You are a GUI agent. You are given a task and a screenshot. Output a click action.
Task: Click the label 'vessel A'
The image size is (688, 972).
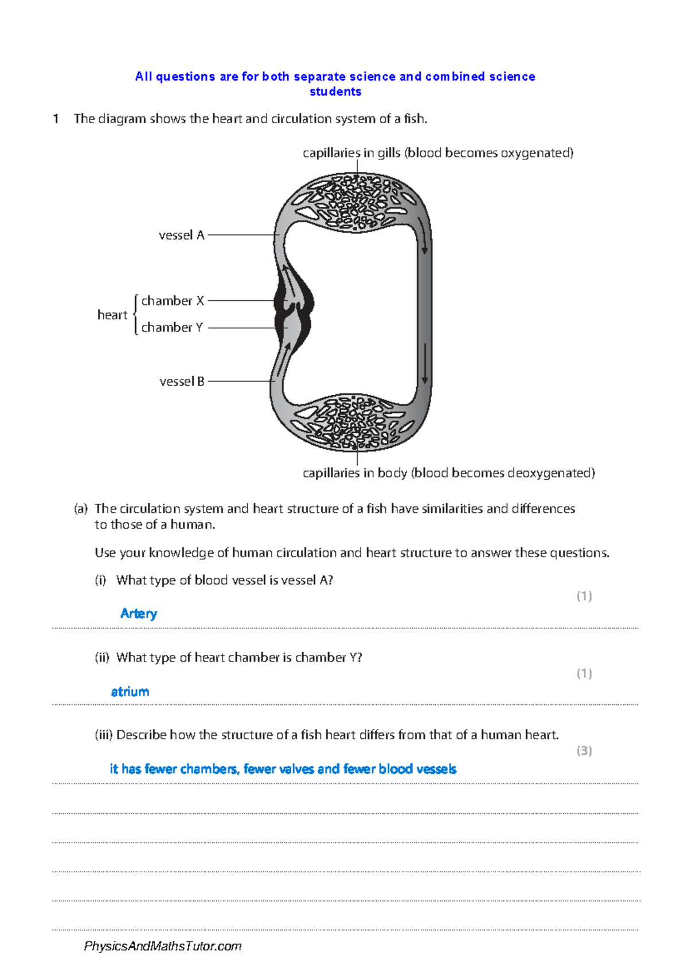click(x=181, y=235)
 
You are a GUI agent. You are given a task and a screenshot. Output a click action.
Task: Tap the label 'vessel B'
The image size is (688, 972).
click(x=182, y=381)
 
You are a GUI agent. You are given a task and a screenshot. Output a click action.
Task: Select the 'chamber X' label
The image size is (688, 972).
click(x=173, y=301)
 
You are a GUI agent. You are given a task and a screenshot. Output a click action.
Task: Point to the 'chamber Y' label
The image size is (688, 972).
click(x=172, y=327)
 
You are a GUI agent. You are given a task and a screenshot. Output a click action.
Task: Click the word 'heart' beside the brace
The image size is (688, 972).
click(x=112, y=315)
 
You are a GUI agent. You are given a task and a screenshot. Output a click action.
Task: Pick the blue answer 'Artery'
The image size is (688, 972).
click(x=138, y=614)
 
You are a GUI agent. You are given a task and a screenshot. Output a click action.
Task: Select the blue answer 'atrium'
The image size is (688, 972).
click(x=130, y=692)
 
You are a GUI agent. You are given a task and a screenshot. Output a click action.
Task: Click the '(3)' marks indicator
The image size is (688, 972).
click(x=584, y=750)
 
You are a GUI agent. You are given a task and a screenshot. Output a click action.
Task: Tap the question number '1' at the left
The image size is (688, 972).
click(x=56, y=119)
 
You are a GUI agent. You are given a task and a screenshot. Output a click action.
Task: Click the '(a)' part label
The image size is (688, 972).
click(x=81, y=508)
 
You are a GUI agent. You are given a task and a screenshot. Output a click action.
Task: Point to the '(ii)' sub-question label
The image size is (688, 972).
click(x=102, y=657)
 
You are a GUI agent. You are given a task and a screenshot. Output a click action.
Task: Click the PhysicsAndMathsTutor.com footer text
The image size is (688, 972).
click(x=163, y=946)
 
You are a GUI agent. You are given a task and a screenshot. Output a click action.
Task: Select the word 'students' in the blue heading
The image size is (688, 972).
click(x=335, y=92)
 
